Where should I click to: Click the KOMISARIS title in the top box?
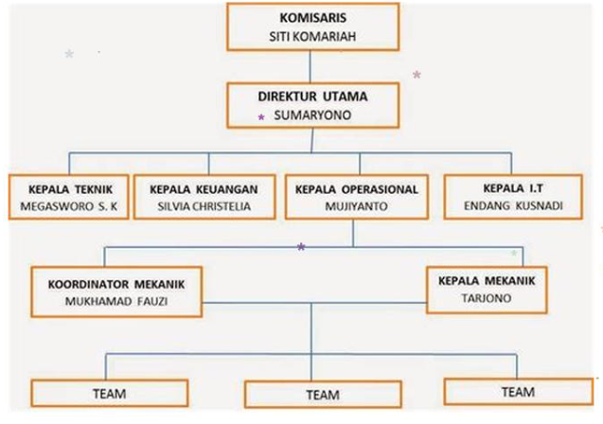312,18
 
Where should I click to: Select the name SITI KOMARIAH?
312,37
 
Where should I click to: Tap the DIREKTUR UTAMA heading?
312,97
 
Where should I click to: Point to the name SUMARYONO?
312,115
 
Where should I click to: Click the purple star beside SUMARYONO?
261,117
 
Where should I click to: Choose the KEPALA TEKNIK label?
70,189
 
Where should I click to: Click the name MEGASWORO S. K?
69,206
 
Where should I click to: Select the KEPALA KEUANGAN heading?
204,189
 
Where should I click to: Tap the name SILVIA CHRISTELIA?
204,206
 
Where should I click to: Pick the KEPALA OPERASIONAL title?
357,189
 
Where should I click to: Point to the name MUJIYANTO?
357,206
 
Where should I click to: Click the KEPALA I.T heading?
513,188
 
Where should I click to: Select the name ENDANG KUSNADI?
513,205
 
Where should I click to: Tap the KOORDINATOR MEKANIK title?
116,285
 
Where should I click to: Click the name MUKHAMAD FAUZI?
116,301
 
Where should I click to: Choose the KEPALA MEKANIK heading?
487,281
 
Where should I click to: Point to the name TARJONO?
487,298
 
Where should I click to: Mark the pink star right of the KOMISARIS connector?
417,75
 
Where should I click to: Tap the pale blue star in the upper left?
69,54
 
